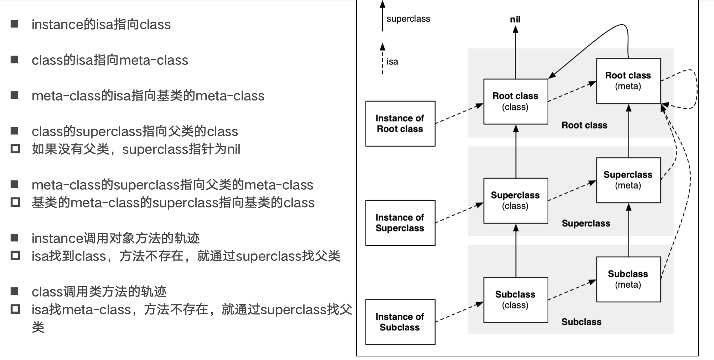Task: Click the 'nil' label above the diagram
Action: [x=515, y=19]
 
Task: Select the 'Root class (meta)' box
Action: [x=628, y=81]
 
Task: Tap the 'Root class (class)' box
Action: [x=515, y=102]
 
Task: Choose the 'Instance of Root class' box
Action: [x=400, y=124]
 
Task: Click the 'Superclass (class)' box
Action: [x=515, y=201]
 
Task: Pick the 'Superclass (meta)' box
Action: [x=628, y=180]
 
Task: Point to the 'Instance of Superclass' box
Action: [x=400, y=223]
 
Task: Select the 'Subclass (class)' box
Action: [x=515, y=300]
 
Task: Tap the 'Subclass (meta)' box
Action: [x=628, y=279]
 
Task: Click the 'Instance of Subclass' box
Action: [x=400, y=322]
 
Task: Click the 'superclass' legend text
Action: [x=408, y=19]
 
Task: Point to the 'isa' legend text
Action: [x=392, y=62]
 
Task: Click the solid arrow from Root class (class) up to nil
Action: [x=516, y=53]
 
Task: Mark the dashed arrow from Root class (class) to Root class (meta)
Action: [x=572, y=92]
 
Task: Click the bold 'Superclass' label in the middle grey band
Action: [x=586, y=223]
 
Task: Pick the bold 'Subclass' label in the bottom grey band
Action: [x=581, y=322]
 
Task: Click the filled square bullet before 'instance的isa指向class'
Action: [x=15, y=24]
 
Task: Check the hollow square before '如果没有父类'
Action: [x=15, y=149]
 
